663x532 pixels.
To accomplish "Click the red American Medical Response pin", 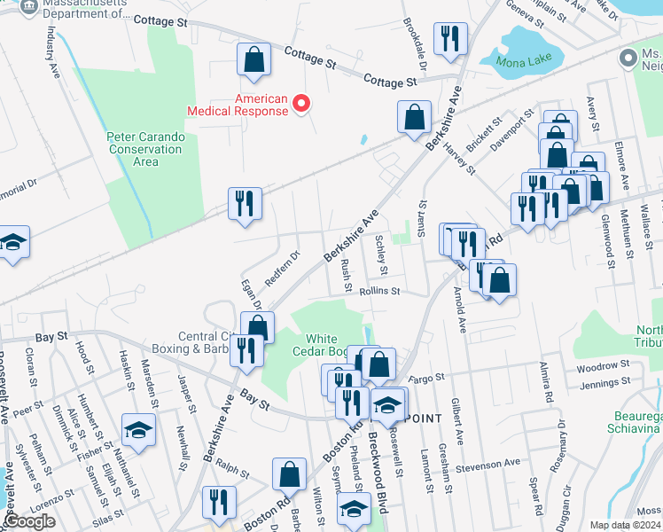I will coord(300,104).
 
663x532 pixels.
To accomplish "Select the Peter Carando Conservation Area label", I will coord(144,149).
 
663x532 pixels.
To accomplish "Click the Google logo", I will coord(28,521).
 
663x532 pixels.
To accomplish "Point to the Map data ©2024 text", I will coord(625,525).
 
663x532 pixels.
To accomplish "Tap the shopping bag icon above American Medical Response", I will coord(253,61).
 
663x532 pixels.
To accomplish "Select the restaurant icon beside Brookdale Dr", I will coord(449,39).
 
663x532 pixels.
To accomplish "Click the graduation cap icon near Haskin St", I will coord(137,430).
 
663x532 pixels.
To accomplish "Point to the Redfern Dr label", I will coord(282,265).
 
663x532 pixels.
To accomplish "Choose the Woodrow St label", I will coord(602,365).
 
